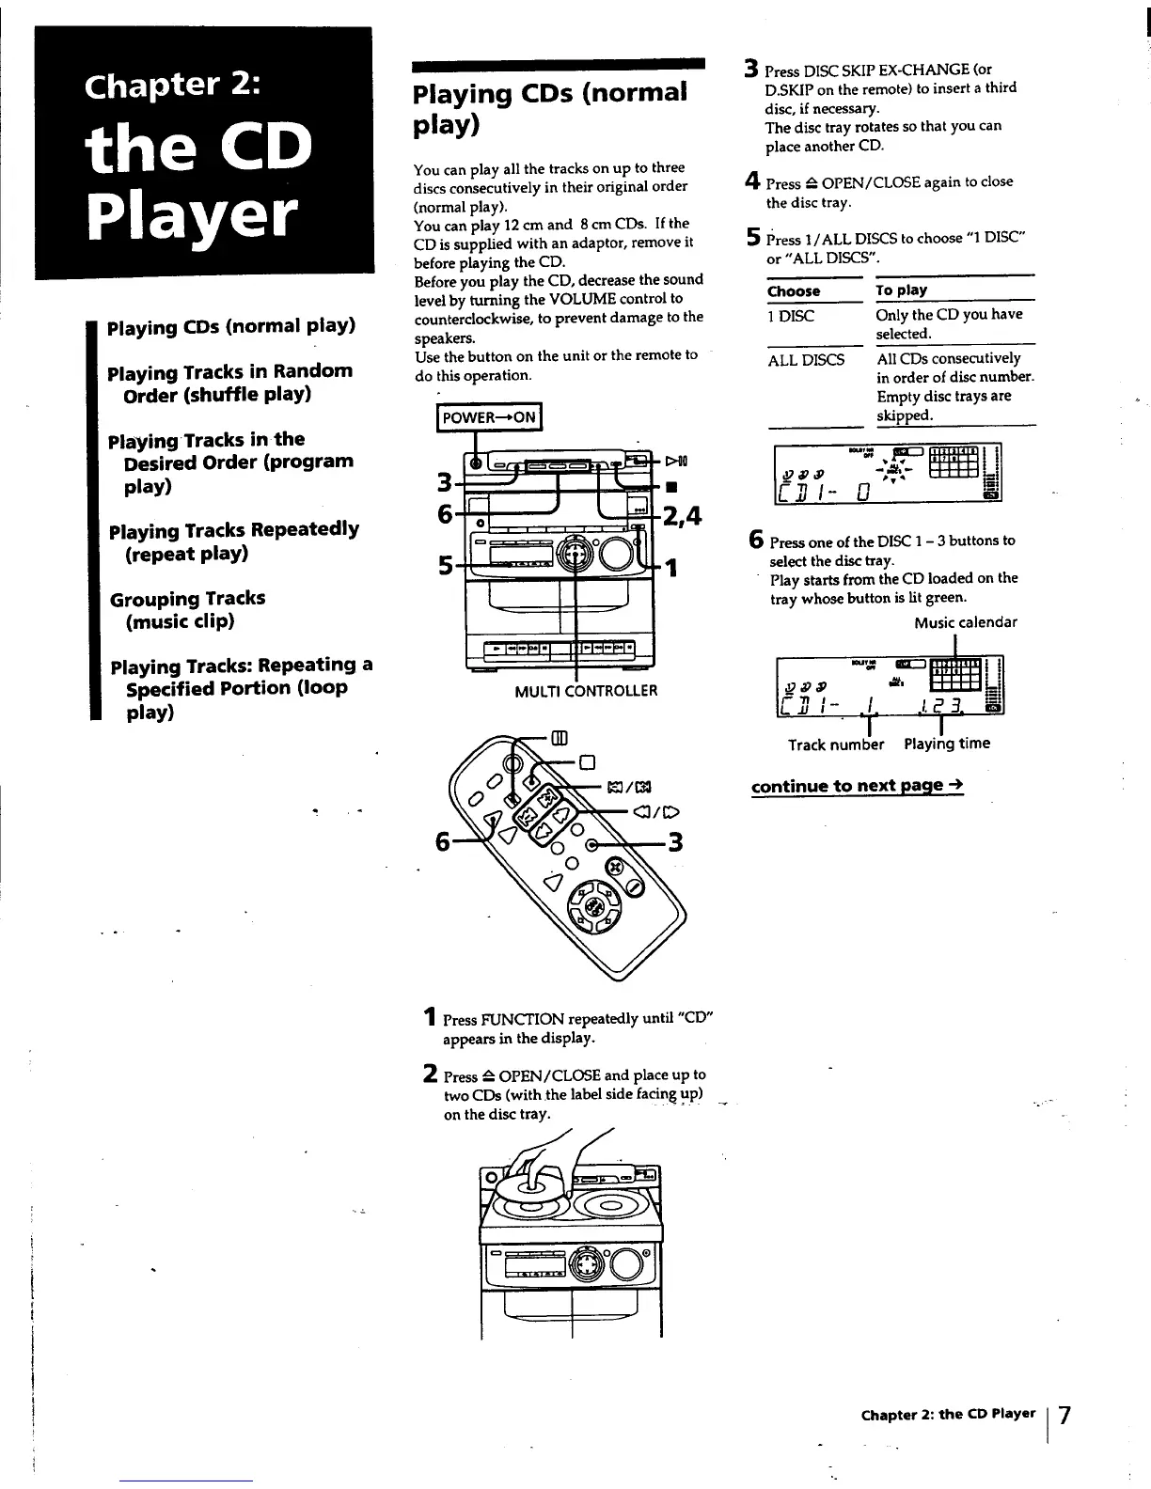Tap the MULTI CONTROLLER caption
click(585, 691)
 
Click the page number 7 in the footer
click(1064, 1415)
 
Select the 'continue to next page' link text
click(857, 785)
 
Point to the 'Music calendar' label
click(965, 622)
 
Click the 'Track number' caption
click(836, 744)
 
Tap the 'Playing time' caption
click(946, 744)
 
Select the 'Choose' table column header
click(794, 291)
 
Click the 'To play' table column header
click(901, 290)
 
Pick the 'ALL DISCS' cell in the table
click(806, 359)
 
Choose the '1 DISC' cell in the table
click(791, 316)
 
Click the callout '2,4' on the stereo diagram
click(682, 515)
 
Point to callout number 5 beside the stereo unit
click(448, 564)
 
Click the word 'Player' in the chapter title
click(192, 217)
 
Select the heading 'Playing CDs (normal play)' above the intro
click(550, 108)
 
